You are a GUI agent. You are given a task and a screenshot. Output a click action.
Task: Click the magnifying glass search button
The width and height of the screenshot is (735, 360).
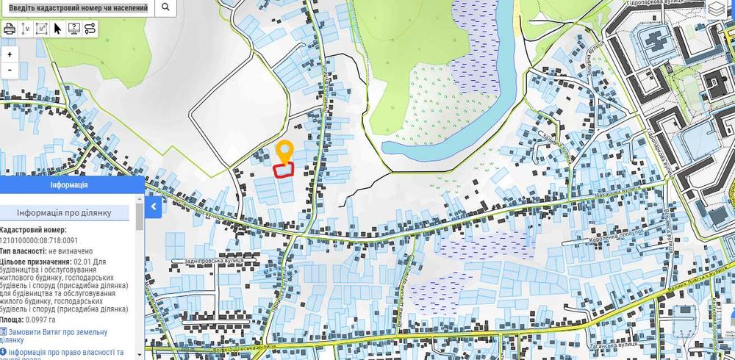point(165,7)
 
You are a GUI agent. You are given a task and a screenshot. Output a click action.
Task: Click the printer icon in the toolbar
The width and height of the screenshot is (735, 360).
point(10,29)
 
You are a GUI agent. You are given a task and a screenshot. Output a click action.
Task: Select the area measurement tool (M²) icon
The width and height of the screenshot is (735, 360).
point(41,29)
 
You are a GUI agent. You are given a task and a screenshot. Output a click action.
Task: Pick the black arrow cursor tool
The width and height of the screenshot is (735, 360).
point(58,29)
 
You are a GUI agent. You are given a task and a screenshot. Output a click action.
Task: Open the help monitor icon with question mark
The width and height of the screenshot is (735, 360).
point(73,29)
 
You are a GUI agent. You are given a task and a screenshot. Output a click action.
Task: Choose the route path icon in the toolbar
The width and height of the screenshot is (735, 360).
point(90,29)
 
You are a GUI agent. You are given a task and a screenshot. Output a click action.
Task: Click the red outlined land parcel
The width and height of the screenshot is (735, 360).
point(284,170)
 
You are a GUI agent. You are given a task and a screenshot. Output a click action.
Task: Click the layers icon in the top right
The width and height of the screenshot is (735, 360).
point(717,9)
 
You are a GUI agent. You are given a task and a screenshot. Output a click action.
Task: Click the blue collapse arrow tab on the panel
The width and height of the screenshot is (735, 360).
point(153,207)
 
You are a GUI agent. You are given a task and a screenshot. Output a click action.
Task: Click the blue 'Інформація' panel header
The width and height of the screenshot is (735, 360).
point(69,185)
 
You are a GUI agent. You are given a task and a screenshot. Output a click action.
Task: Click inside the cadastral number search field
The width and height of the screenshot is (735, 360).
point(77,7)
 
